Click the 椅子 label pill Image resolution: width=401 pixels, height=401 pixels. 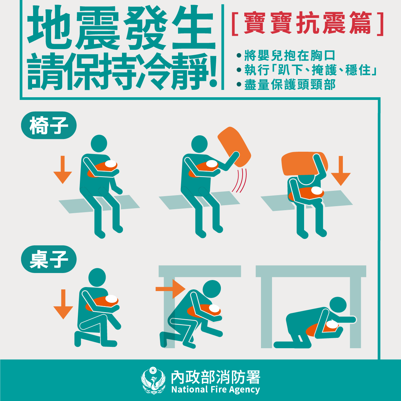(49, 125)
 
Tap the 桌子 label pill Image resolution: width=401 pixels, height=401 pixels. (49, 259)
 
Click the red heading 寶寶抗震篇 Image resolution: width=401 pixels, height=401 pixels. (307, 23)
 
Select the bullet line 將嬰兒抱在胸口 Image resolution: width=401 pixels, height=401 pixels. (286, 55)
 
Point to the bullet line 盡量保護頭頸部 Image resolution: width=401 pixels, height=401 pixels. (286, 85)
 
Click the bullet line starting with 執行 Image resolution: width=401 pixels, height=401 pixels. (307, 70)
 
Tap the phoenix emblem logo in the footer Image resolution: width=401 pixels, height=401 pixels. (153, 380)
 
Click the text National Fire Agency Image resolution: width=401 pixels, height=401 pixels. (216, 390)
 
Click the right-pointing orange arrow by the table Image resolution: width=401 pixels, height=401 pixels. (170, 289)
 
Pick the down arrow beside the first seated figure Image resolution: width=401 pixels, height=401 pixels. (62, 170)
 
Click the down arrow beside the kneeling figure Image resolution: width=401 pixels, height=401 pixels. (63, 304)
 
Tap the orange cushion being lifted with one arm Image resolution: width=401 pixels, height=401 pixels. (234, 147)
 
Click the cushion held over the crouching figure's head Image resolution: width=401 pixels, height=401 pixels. (304, 164)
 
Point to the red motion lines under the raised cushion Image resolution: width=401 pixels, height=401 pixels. (240, 180)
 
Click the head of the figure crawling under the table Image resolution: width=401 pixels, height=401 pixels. (338, 305)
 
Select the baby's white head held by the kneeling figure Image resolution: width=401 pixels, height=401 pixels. (112, 299)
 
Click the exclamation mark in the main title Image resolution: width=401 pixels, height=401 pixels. (213, 72)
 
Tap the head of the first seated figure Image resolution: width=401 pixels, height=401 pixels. (99, 144)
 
